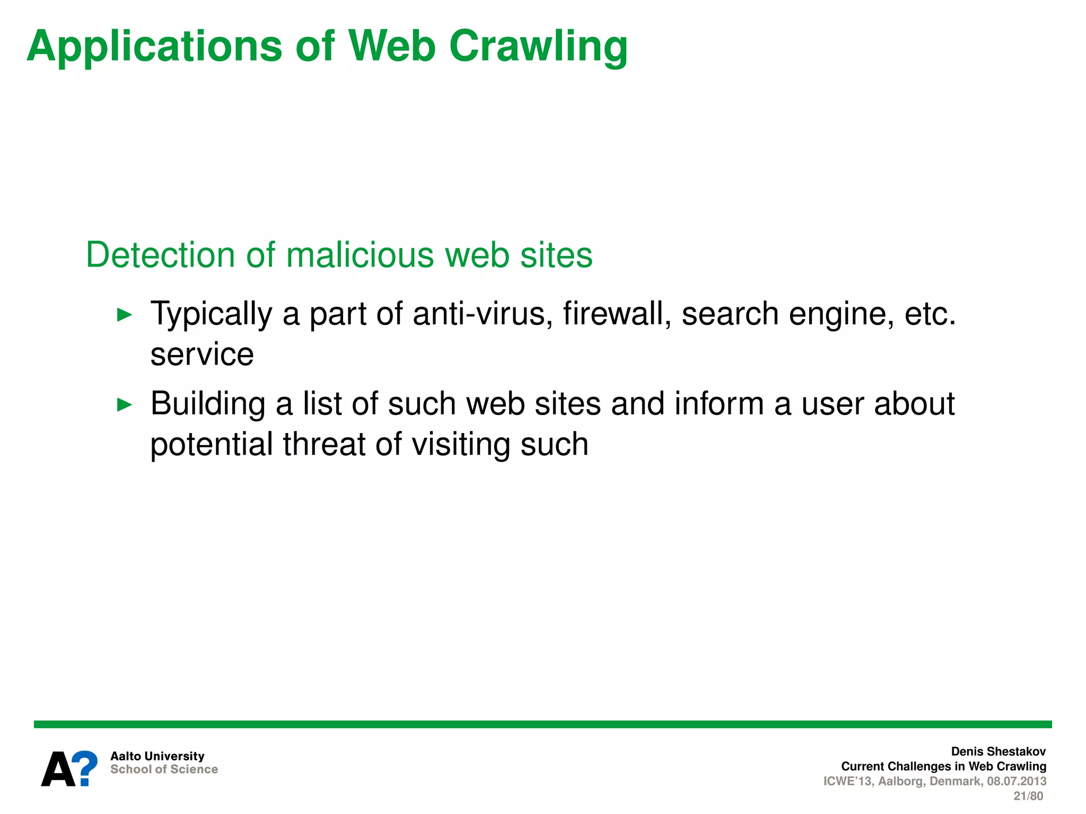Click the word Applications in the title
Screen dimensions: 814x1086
[x=153, y=47]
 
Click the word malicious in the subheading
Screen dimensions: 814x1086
[x=361, y=255]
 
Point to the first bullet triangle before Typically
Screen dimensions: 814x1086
[x=124, y=315]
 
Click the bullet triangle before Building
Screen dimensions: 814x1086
[x=124, y=405]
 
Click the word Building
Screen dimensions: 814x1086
[x=208, y=404]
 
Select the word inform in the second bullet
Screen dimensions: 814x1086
[x=719, y=404]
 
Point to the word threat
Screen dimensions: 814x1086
[x=324, y=444]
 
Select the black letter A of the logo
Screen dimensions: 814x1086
[x=59, y=769]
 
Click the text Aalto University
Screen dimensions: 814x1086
[x=157, y=756]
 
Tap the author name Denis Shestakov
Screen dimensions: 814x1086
[x=998, y=751]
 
